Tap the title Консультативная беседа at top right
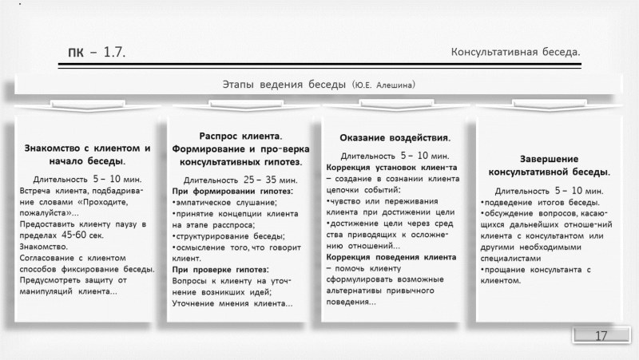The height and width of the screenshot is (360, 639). (x=515, y=53)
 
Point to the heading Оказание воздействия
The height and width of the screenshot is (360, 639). (x=395, y=139)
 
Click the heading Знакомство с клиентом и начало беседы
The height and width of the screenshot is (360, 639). (x=88, y=154)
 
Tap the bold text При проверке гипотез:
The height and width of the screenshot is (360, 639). (x=220, y=271)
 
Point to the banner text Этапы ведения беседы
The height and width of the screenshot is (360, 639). (x=284, y=84)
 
